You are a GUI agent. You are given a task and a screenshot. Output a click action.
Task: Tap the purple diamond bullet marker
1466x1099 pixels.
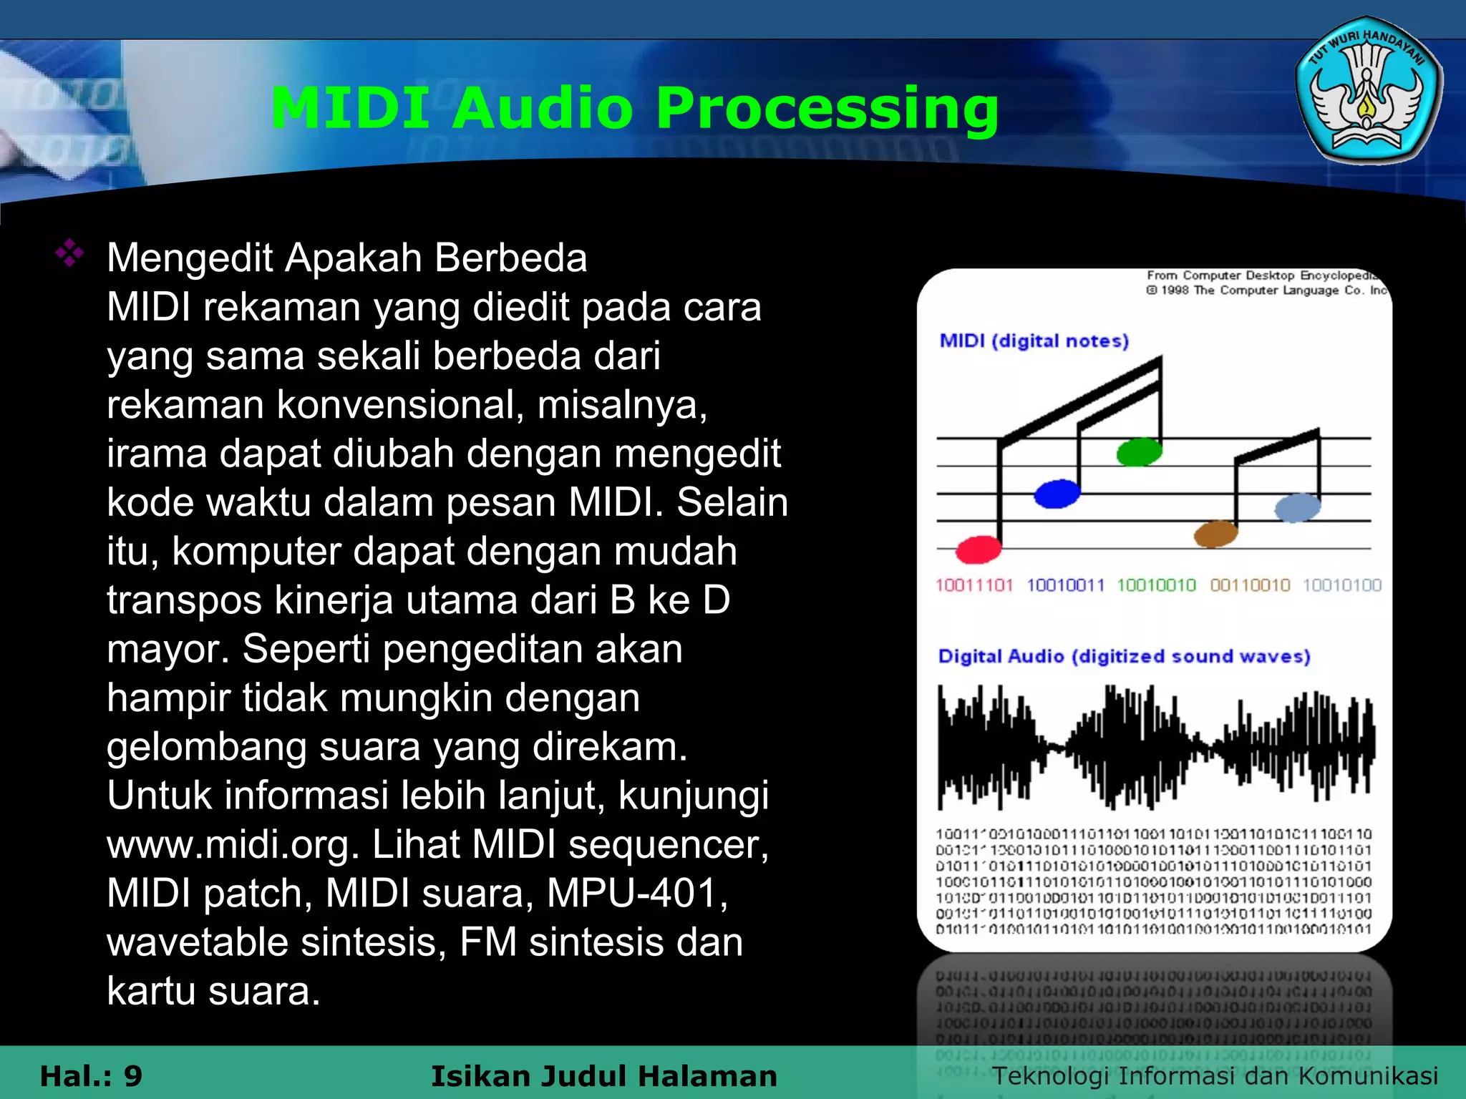(x=69, y=253)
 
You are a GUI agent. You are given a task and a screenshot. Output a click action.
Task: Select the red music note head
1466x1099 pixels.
(x=978, y=549)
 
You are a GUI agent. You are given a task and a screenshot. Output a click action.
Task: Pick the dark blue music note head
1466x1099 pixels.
(x=1057, y=493)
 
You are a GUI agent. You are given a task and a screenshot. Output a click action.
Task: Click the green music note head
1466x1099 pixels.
(x=1139, y=451)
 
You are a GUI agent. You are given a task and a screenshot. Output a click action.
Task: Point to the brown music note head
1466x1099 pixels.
(x=1215, y=533)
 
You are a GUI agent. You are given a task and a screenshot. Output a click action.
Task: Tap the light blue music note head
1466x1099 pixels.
(x=1297, y=507)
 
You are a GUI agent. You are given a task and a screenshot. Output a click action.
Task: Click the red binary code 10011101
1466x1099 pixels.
(x=974, y=585)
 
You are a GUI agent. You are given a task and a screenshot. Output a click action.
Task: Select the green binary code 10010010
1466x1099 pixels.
(x=1156, y=585)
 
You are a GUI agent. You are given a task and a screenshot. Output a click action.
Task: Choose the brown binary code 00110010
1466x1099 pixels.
(x=1250, y=585)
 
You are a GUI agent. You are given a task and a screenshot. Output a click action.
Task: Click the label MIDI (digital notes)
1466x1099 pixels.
(x=1034, y=341)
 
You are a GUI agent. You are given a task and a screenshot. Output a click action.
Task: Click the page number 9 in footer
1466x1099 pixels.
(x=132, y=1075)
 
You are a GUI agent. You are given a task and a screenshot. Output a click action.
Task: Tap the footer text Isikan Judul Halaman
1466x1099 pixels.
(x=603, y=1075)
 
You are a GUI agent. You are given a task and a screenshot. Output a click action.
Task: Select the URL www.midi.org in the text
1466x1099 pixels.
(x=233, y=845)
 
